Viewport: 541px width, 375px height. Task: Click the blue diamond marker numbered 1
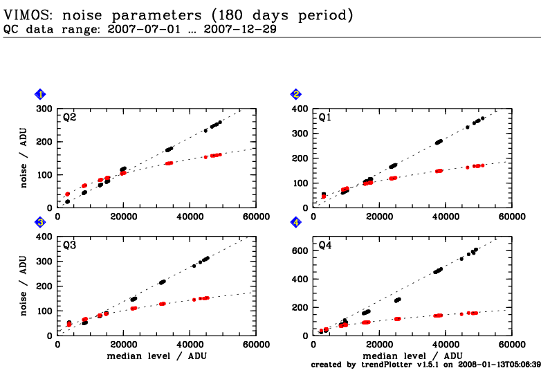[41, 94]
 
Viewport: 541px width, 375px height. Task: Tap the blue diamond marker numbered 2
[296, 94]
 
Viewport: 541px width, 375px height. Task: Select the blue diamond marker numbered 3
[41, 222]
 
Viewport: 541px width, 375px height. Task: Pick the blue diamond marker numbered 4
[296, 222]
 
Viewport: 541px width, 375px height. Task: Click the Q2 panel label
[69, 118]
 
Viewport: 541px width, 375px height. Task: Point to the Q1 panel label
[324, 118]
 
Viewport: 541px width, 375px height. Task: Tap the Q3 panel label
[69, 246]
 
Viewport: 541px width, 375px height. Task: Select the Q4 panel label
[324, 246]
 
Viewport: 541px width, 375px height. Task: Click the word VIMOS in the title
[27, 14]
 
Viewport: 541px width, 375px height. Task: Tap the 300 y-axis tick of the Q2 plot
[44, 109]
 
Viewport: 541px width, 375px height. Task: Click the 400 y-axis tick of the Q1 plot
[300, 109]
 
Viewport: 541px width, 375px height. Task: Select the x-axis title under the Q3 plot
[156, 355]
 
